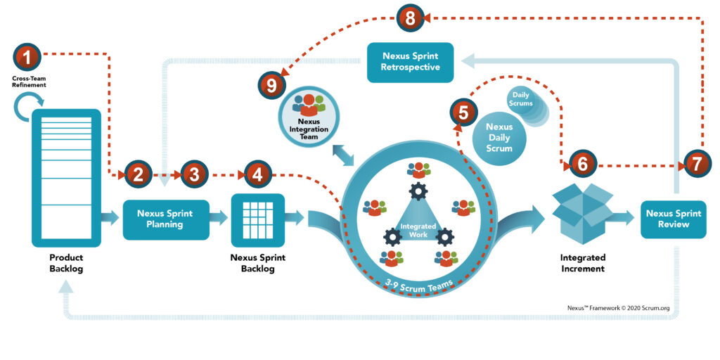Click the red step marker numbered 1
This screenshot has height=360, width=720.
click(27, 57)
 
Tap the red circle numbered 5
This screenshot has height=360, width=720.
click(463, 112)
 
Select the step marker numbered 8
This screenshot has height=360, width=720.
click(410, 18)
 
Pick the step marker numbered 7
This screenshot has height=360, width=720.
click(697, 164)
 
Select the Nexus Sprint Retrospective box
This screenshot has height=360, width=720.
click(411, 63)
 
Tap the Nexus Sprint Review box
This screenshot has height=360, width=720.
click(673, 219)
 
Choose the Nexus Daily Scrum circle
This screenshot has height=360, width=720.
click(499, 137)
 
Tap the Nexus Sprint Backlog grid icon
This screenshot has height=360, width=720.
click(257, 221)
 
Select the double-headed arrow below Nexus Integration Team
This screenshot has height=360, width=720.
click(343, 154)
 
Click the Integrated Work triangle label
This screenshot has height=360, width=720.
click(414, 231)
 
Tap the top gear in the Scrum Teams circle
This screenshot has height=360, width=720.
click(418, 191)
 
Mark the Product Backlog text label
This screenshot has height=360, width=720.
click(66, 263)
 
